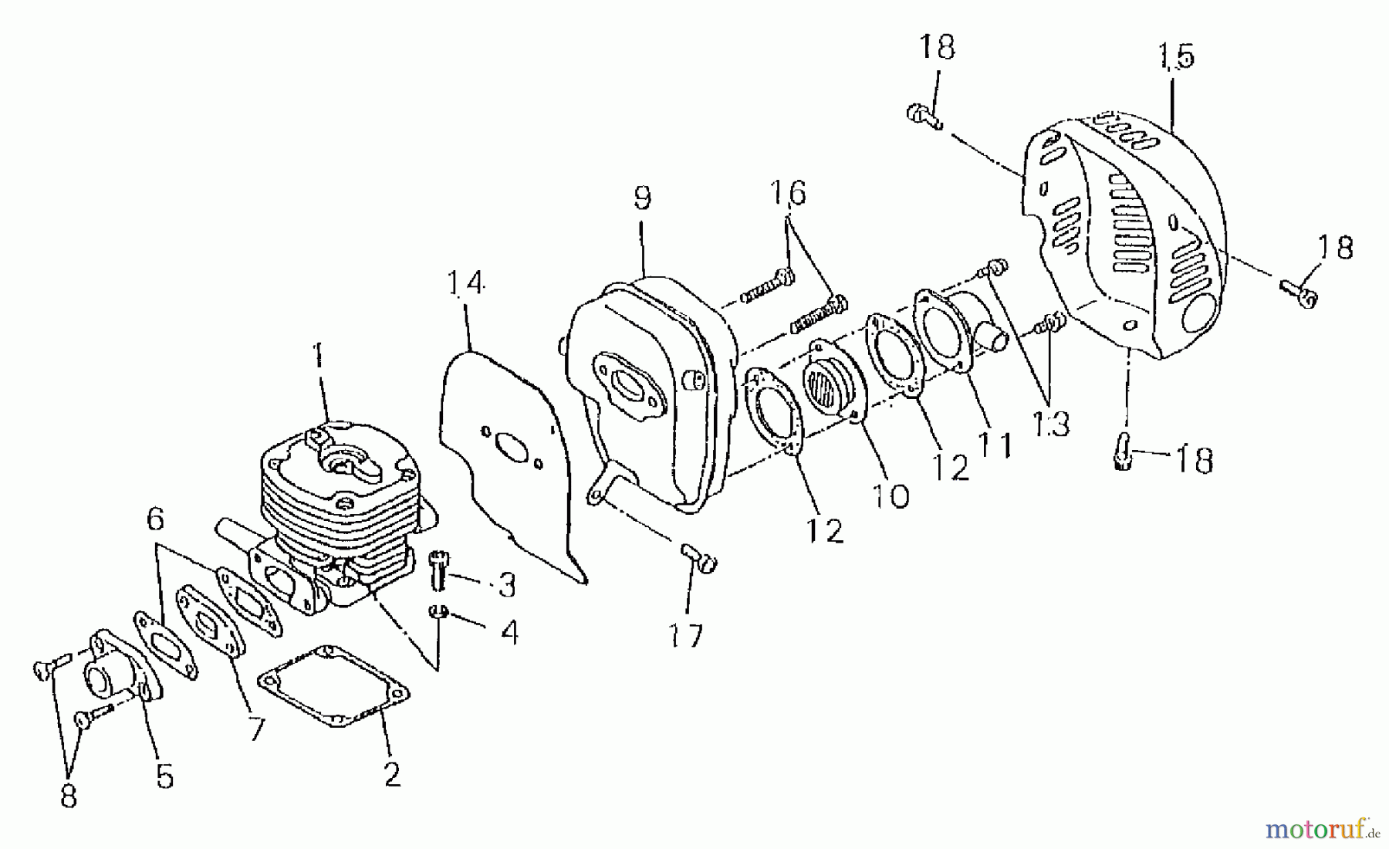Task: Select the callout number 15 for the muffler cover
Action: click(1176, 57)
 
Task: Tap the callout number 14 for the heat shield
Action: click(465, 283)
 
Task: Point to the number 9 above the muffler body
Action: click(642, 198)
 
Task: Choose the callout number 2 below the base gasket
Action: click(392, 774)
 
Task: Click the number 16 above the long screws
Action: click(787, 192)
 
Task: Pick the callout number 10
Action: click(891, 496)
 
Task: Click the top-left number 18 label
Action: click(937, 46)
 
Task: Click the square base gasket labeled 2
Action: click(333, 687)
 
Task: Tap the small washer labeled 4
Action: click(439, 611)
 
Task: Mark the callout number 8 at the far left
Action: click(69, 796)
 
